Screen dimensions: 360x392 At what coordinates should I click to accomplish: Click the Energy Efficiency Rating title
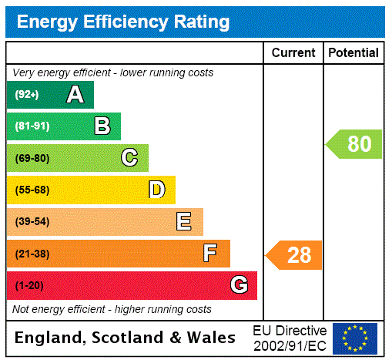[x=123, y=22]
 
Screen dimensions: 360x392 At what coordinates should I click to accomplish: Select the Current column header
[x=293, y=52]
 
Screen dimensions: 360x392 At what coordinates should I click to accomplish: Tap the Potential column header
[x=353, y=52]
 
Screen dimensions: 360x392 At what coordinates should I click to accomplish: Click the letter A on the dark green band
[x=75, y=95]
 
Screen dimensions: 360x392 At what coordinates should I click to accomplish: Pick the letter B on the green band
[x=102, y=126]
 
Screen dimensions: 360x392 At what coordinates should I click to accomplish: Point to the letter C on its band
[x=129, y=158]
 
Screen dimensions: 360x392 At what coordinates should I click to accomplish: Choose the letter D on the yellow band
[x=156, y=190]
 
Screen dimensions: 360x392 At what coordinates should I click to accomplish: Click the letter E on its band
[x=184, y=222]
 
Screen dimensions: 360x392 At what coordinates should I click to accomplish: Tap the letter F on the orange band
[x=210, y=254]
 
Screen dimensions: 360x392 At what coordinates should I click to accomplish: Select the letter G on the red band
[x=239, y=285]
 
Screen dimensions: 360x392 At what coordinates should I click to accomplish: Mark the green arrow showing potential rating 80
[x=355, y=144]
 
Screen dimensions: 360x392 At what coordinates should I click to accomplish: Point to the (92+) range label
[x=27, y=95]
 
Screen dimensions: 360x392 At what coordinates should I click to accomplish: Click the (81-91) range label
[x=32, y=126]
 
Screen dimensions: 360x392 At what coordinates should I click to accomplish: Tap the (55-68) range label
[x=32, y=190]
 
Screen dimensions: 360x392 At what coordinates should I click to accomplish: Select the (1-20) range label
[x=29, y=285]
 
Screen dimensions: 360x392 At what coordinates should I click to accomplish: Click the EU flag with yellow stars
[x=355, y=338]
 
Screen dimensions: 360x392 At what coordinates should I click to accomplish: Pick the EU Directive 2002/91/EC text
[x=290, y=338]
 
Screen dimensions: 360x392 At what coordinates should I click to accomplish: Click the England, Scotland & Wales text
[x=126, y=338]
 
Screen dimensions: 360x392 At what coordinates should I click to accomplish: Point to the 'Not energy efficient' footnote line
[x=112, y=309]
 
